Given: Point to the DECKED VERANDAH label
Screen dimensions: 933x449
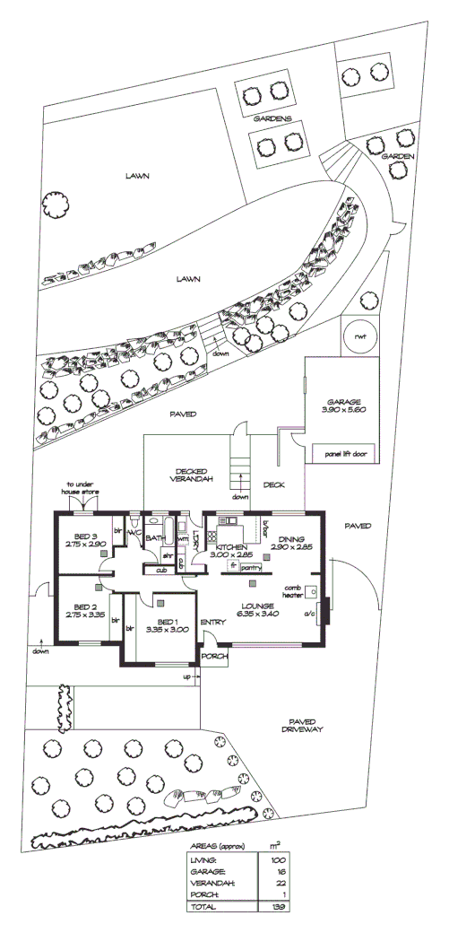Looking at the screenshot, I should point(192,475).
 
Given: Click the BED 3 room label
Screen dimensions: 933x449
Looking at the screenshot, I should point(86,540).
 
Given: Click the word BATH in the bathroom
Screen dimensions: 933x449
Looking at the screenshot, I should point(155,538).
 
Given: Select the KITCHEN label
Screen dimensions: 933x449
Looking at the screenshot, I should point(231,545).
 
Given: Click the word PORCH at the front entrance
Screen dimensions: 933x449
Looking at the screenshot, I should point(215,656).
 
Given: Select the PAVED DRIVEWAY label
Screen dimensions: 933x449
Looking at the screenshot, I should point(299,726).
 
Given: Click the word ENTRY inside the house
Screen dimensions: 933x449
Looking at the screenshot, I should point(212,622).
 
